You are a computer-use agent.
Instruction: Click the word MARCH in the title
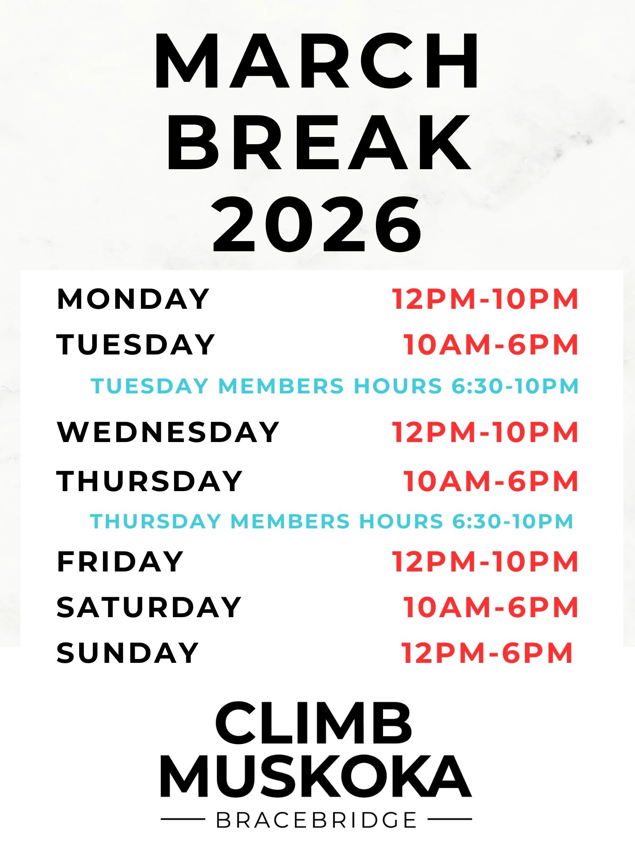(317, 61)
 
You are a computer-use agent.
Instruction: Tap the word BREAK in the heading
(319, 143)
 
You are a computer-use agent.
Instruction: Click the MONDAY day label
(133, 299)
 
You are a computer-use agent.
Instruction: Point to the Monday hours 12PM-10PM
(485, 299)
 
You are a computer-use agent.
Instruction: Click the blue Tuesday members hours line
(334, 386)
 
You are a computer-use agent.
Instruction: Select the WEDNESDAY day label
(168, 432)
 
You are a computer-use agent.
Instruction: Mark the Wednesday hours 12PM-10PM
(485, 432)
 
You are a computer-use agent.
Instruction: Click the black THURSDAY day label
(149, 481)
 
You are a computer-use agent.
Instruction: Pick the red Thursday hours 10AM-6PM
(491, 481)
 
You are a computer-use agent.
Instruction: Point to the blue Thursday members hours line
(331, 521)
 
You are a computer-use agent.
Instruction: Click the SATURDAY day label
(149, 607)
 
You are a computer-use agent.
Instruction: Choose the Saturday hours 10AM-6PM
(491, 607)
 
